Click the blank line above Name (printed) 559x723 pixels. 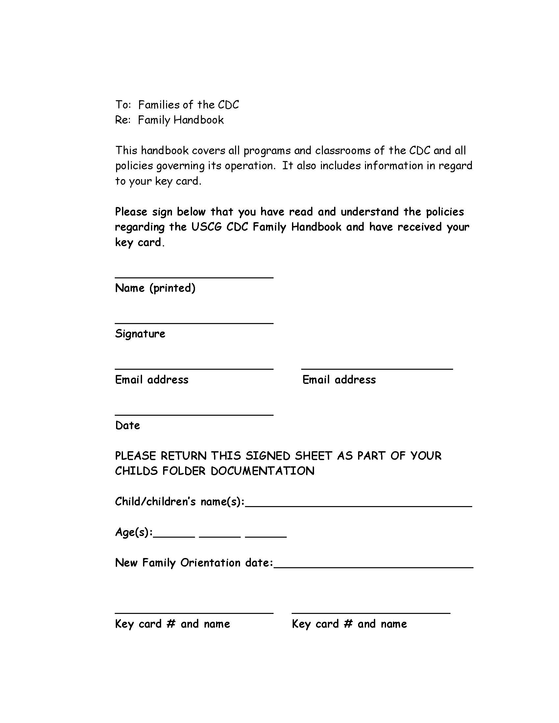194,277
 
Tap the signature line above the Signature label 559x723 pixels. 194,322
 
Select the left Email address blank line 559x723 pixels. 194,368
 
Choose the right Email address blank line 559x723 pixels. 377,368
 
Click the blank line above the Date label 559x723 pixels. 194,414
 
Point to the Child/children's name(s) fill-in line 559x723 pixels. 358,506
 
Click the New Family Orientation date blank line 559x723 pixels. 374,567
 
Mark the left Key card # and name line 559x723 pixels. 194,613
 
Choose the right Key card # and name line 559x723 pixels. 371,613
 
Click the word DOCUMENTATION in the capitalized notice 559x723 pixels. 262,471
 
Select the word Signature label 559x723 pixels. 140,334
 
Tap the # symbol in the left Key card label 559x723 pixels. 171,624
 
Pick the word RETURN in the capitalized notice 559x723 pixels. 183,456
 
